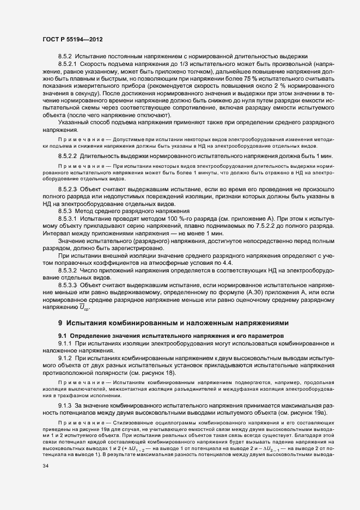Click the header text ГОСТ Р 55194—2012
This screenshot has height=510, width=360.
pyautogui.click(x=72, y=40)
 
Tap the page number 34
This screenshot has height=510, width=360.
pyautogui.click(x=46, y=466)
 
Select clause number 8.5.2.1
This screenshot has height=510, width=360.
pyautogui.click(x=70, y=64)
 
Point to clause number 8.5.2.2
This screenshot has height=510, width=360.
pyautogui.click(x=70, y=156)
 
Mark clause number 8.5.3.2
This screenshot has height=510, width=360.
pyautogui.click(x=70, y=269)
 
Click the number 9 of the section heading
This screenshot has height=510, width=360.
pyautogui.click(x=61, y=323)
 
